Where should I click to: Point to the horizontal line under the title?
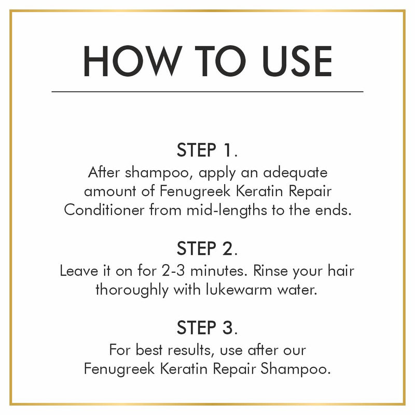click(208, 91)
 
